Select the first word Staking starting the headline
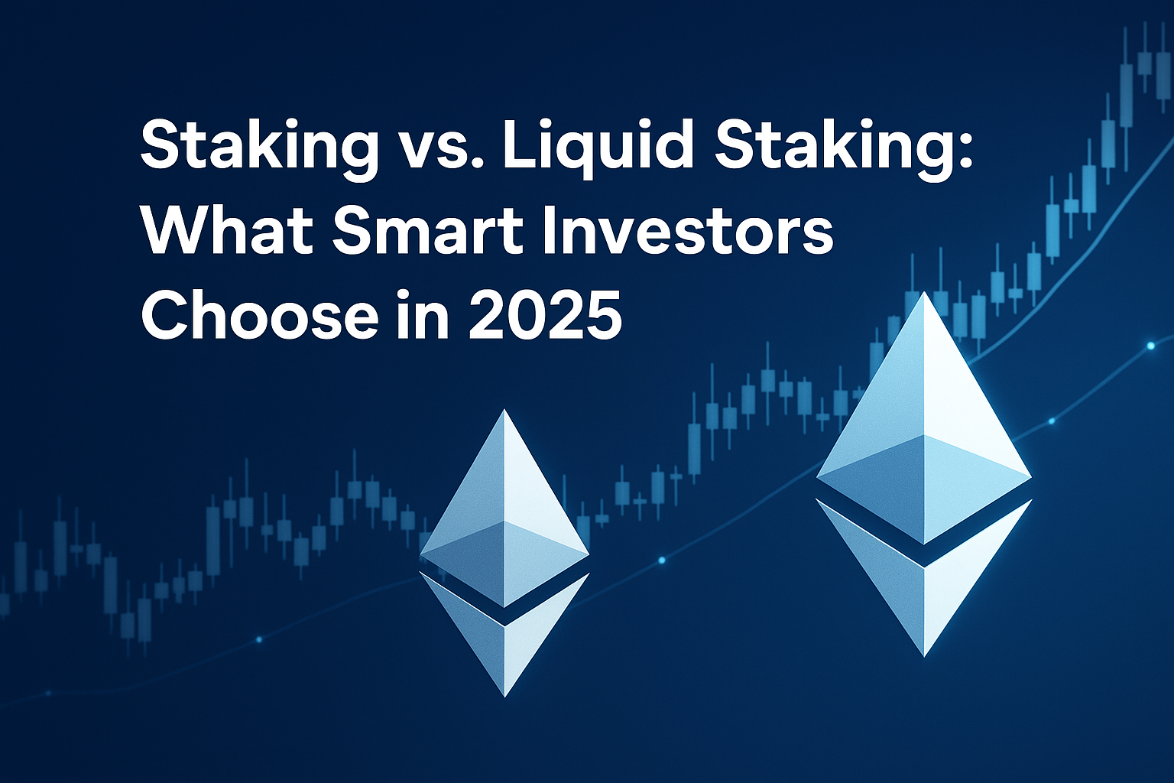tap(259, 150)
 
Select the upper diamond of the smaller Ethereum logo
tap(504, 508)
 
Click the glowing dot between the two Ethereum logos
tap(661, 560)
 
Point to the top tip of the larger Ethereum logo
tap(924, 292)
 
